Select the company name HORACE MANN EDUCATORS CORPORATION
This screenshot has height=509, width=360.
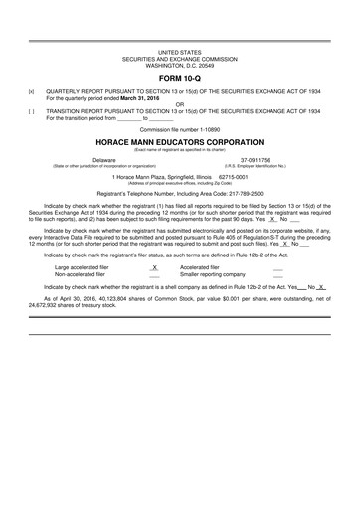coord(179,141)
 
